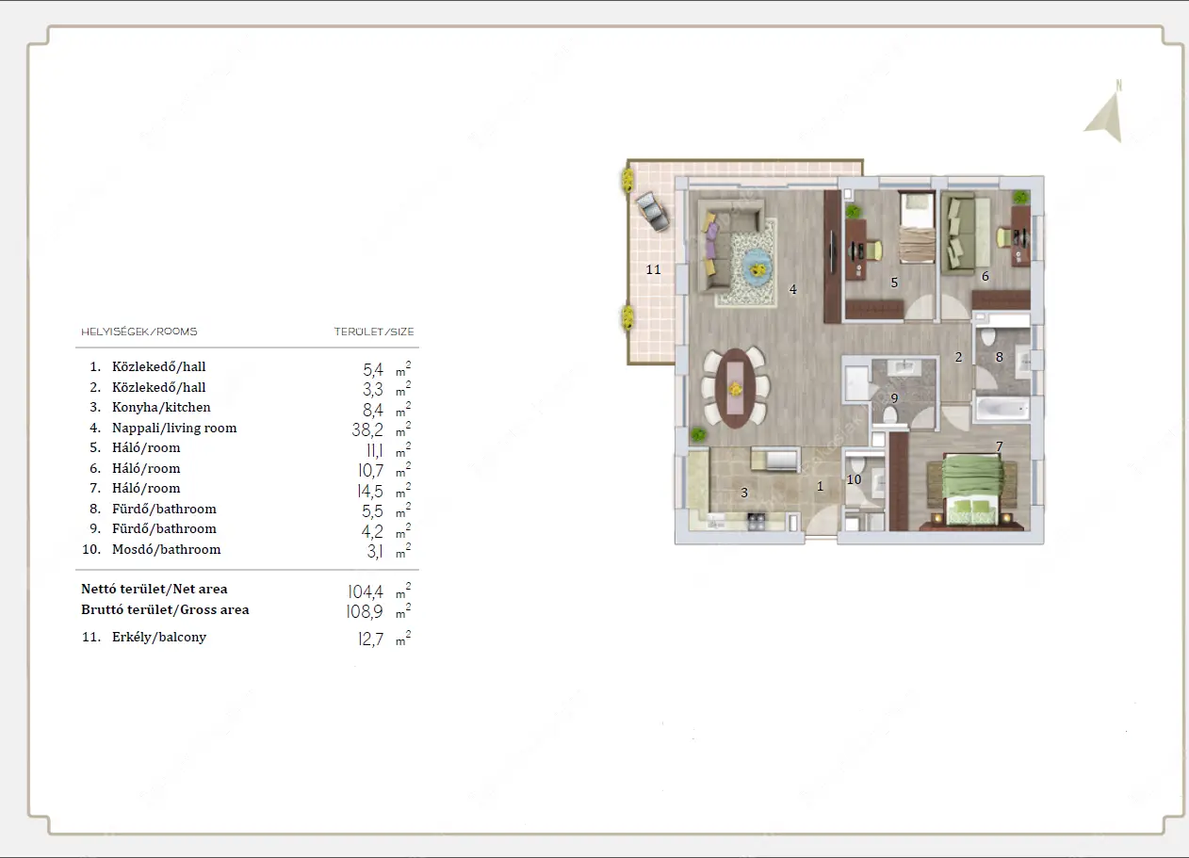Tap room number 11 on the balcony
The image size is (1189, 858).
pyautogui.click(x=653, y=269)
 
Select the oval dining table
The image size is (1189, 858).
pyautogui.click(x=735, y=388)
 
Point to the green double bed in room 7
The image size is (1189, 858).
pyautogui.click(x=972, y=492)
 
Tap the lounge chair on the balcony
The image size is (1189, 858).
pyautogui.click(x=653, y=211)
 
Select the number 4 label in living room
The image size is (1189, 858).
pyautogui.click(x=792, y=289)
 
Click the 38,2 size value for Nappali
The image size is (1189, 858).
pyautogui.click(x=367, y=429)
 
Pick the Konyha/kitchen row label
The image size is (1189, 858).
pyautogui.click(x=161, y=407)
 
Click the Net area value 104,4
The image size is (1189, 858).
pyautogui.click(x=366, y=591)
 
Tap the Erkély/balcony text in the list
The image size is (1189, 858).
pyautogui.click(x=158, y=638)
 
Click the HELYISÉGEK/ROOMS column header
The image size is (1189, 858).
pyautogui.click(x=139, y=332)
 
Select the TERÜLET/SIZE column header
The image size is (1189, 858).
pyautogui.click(x=374, y=332)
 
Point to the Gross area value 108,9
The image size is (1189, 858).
pyautogui.click(x=365, y=612)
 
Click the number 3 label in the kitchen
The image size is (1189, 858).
pyautogui.click(x=744, y=493)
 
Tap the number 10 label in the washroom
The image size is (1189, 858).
pyautogui.click(x=854, y=479)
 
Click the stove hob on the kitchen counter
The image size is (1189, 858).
pyautogui.click(x=757, y=521)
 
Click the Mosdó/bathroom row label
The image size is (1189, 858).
pyautogui.click(x=166, y=549)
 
